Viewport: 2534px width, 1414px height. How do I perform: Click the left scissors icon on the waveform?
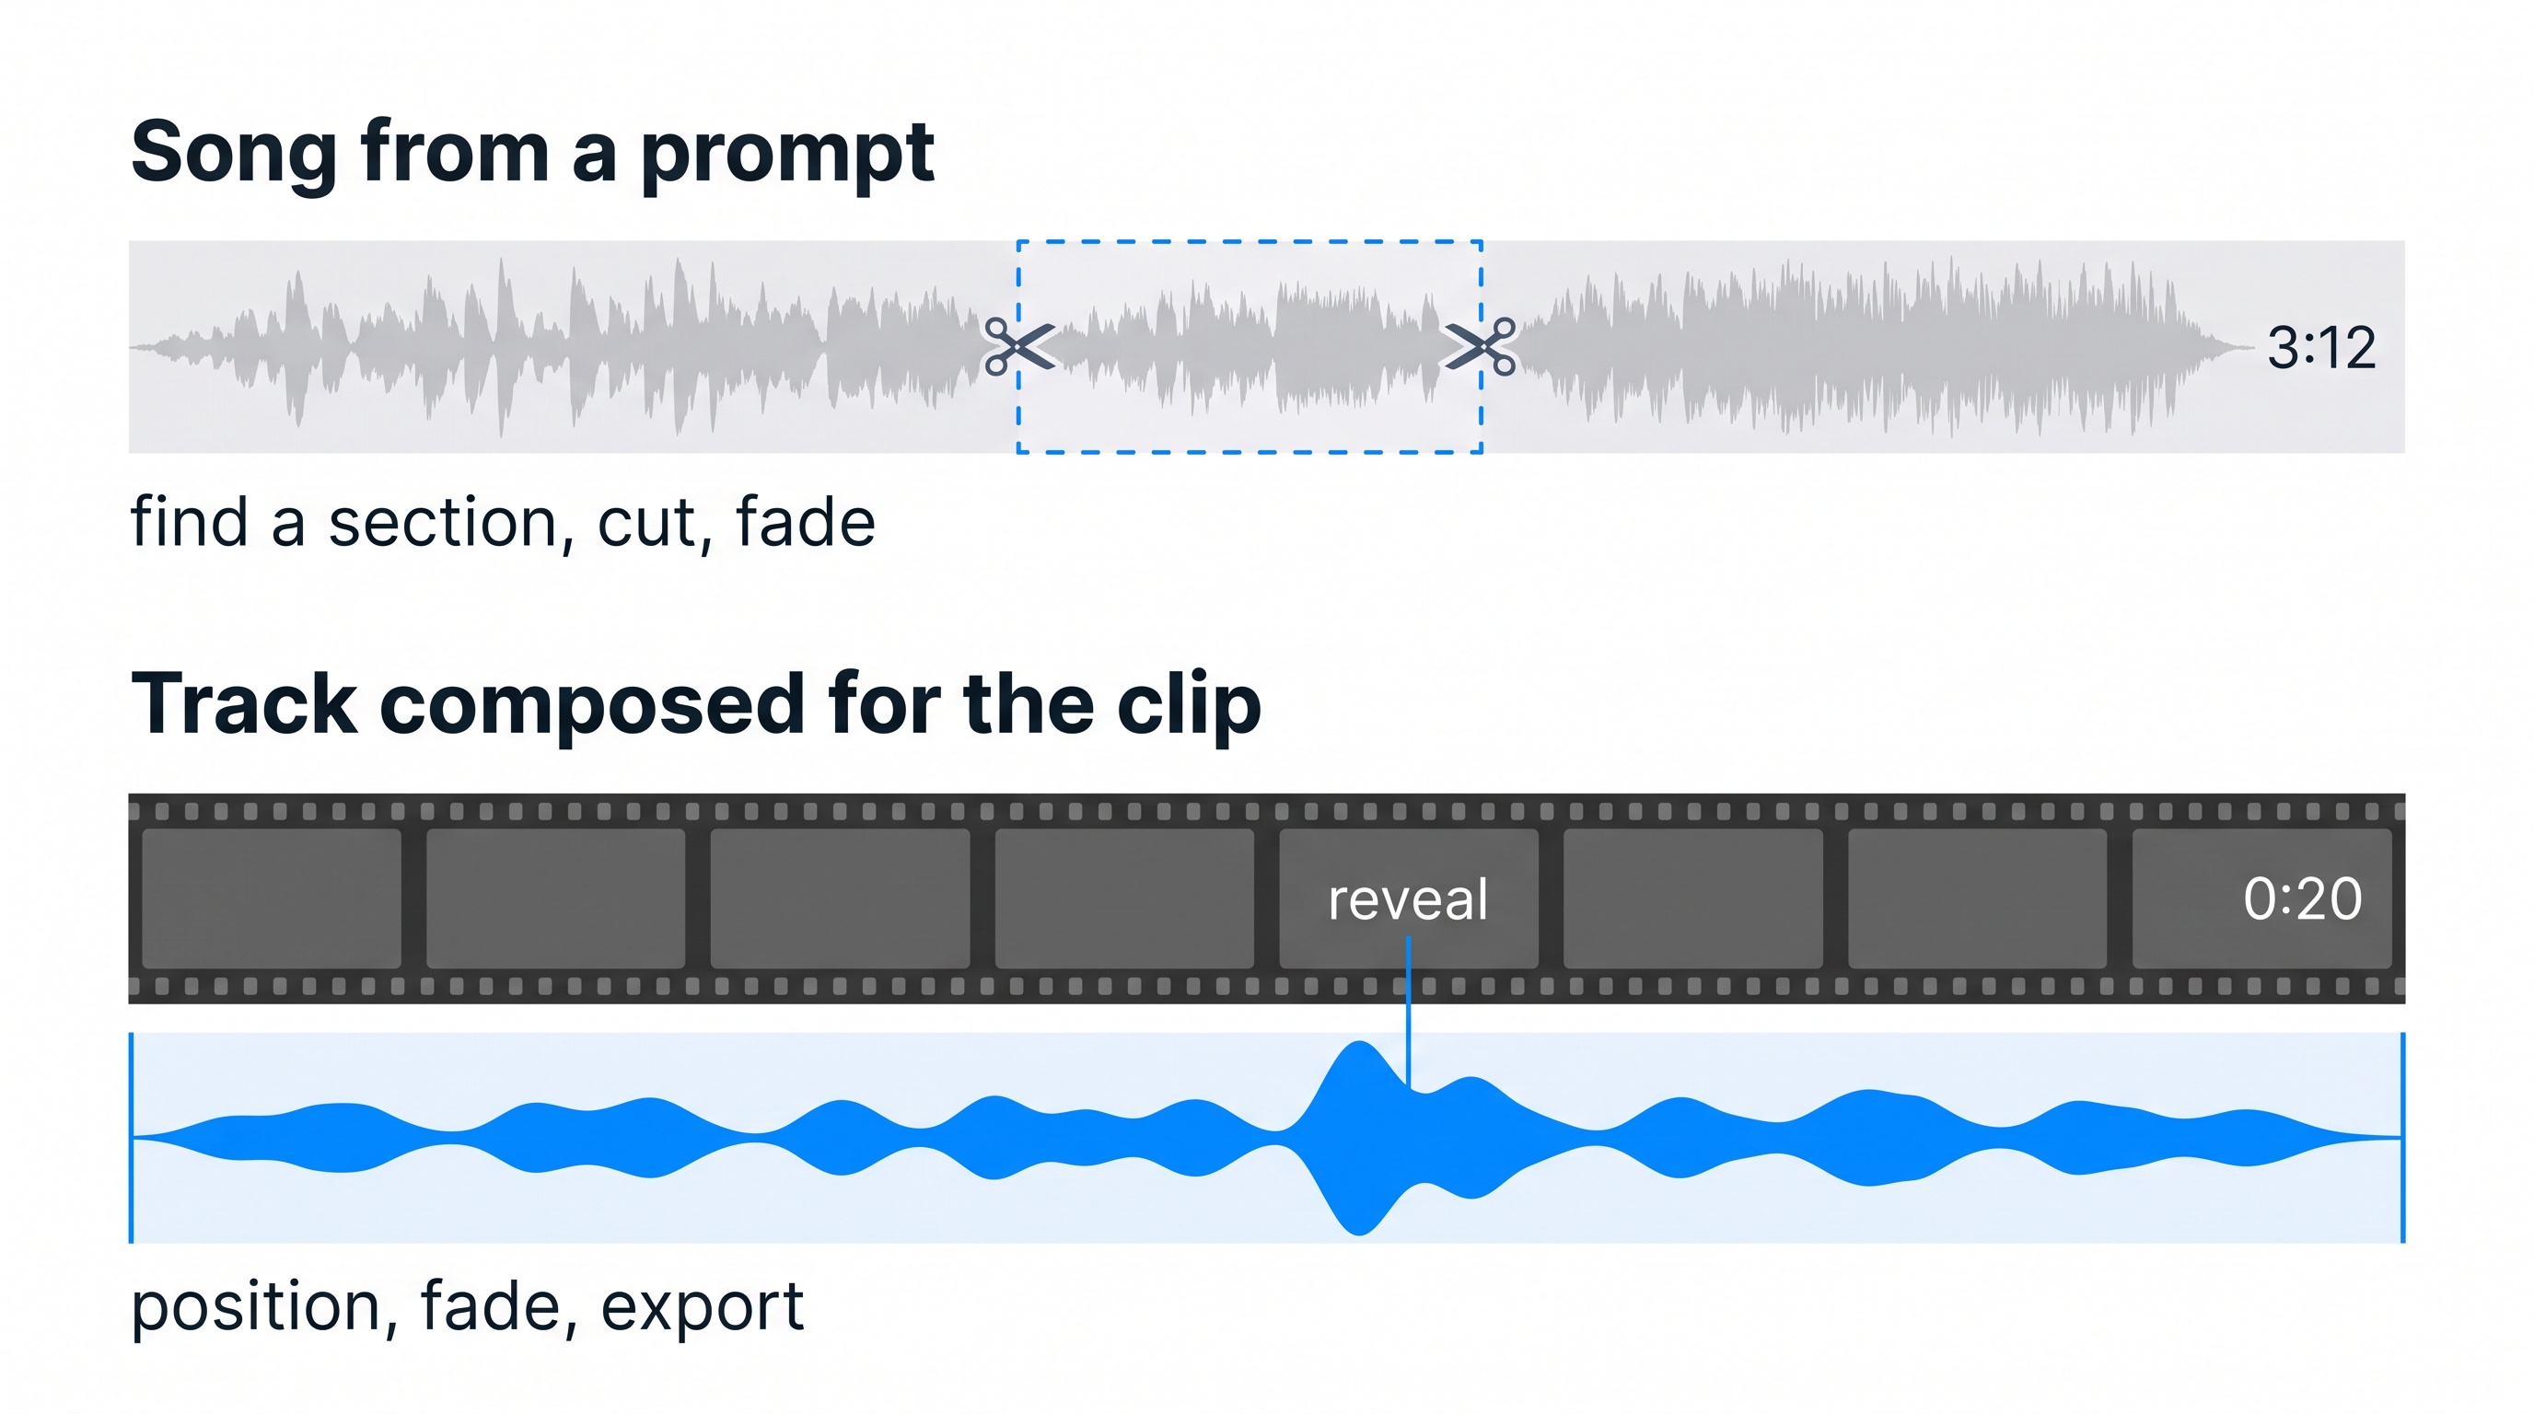click(1020, 346)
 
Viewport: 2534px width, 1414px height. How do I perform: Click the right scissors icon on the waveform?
click(1480, 346)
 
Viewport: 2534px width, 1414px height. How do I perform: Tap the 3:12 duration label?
click(2321, 348)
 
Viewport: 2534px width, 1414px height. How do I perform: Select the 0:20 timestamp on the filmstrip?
click(2302, 898)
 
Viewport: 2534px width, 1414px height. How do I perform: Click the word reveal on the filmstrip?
click(1408, 899)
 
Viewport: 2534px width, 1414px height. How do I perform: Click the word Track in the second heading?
click(244, 703)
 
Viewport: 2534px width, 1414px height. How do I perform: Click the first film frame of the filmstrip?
click(272, 898)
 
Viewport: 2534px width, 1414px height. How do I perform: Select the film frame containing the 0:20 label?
click(2261, 898)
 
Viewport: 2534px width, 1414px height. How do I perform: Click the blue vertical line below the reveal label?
click(1409, 1012)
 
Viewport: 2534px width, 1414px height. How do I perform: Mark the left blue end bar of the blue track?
click(132, 1138)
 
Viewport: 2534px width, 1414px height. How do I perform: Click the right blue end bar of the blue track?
click(2402, 1138)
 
